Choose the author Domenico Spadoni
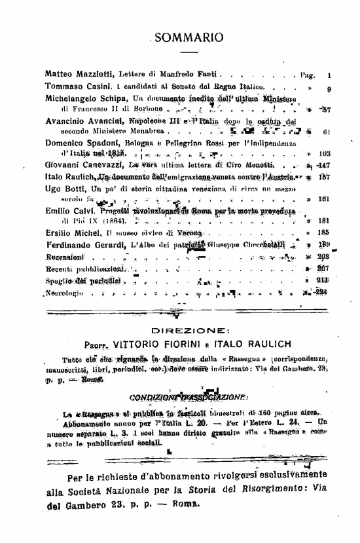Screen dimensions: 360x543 [x=83, y=142]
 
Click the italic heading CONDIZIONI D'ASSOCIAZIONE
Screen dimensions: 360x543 [x=180, y=396]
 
